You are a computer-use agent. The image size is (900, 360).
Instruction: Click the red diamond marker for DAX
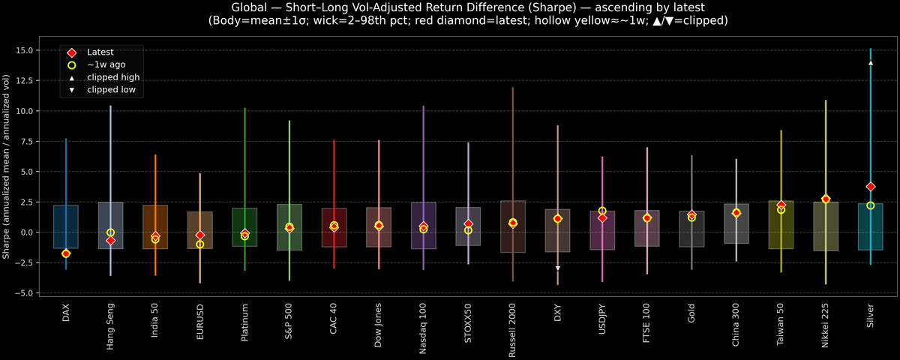[x=66, y=253]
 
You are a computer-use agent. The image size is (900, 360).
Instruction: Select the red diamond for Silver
[x=871, y=187]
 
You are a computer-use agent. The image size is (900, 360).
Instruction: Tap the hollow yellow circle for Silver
[x=871, y=205]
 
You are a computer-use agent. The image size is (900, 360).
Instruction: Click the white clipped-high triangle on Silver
[x=871, y=63]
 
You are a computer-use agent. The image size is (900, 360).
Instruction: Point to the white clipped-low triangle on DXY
[x=558, y=268]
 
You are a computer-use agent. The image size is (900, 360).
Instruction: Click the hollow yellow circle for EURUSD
[x=200, y=244]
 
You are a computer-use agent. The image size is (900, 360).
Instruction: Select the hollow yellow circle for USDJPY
[x=602, y=211]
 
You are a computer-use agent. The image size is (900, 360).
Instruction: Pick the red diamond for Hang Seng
[x=110, y=241]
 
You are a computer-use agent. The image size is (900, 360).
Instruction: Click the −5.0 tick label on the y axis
[x=29, y=293]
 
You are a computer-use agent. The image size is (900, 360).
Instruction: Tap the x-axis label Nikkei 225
[x=826, y=324]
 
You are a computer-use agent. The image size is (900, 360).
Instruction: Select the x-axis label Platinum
[x=244, y=322]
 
